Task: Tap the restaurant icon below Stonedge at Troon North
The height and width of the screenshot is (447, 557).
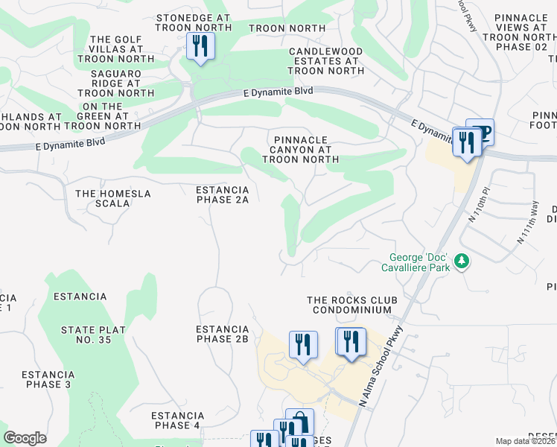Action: [200, 47]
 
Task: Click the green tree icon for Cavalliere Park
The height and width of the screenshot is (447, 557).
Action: [462, 261]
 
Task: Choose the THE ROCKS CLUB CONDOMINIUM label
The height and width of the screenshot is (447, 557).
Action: [351, 305]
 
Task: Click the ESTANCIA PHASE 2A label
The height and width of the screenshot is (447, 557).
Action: [222, 194]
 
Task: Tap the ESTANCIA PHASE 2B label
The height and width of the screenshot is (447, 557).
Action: [222, 334]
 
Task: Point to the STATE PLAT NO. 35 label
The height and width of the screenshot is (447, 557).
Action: [86, 335]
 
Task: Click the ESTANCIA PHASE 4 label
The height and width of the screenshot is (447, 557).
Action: [177, 420]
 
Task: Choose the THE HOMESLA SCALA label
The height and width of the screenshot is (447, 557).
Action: [113, 198]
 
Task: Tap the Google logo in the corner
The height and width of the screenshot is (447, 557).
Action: [25, 438]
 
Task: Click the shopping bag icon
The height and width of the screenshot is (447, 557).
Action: [299, 422]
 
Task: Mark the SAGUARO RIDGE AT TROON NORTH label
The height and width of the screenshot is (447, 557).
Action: [116, 83]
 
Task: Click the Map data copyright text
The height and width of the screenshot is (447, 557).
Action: [525, 441]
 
